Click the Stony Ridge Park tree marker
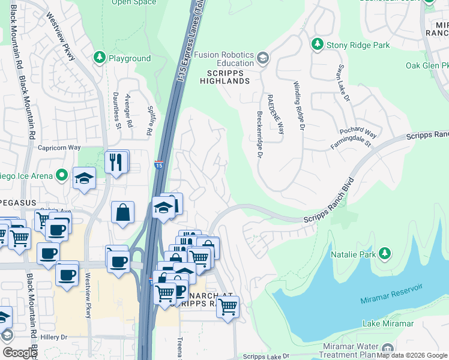(x=317, y=44)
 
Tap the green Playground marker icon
(x=99, y=58)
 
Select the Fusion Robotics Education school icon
(x=262, y=58)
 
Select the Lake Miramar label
(x=388, y=323)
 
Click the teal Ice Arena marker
(x=61, y=175)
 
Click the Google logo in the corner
(x=20, y=353)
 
